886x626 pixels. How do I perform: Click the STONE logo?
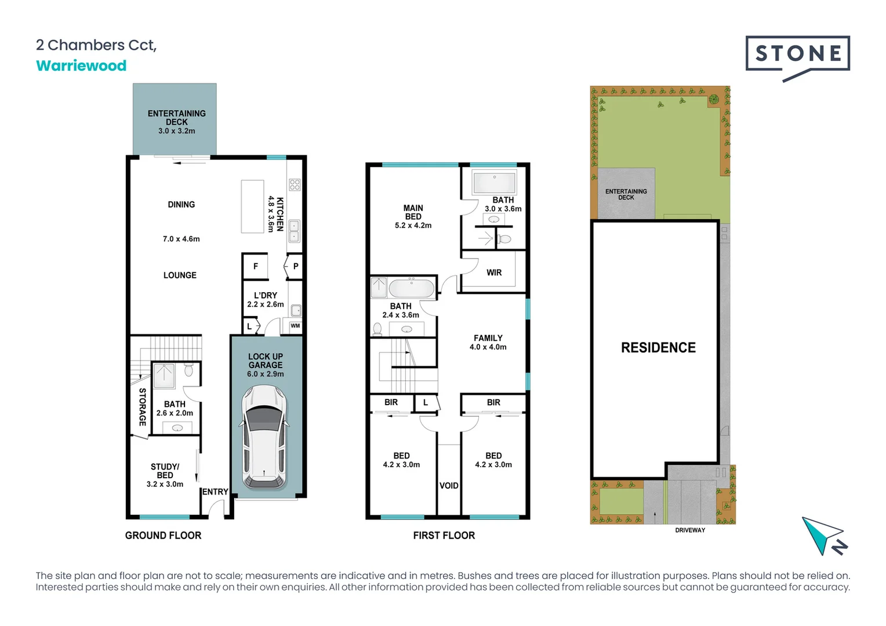point(797,54)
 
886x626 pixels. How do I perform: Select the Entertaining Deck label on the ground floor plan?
point(176,121)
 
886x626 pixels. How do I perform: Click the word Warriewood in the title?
point(81,65)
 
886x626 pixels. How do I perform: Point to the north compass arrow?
point(823,536)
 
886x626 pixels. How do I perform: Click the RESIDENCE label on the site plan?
point(658,347)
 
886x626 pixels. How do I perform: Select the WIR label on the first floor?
point(494,272)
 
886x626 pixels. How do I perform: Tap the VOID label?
point(449,486)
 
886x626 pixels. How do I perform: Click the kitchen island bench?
point(252,206)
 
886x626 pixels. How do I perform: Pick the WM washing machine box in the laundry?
point(295,326)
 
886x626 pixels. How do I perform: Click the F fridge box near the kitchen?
point(255,267)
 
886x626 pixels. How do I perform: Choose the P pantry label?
point(296,267)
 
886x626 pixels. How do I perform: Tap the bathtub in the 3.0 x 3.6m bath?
point(494,183)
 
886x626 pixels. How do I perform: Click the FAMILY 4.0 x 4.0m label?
point(488,342)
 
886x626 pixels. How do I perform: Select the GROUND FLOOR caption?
point(163,536)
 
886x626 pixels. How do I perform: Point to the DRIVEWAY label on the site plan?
point(690,530)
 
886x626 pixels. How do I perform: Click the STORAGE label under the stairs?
point(142,407)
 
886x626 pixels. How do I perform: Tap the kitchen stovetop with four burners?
point(295,185)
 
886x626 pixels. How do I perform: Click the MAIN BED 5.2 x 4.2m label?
point(413,216)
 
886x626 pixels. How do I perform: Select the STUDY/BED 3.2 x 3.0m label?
point(165,475)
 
